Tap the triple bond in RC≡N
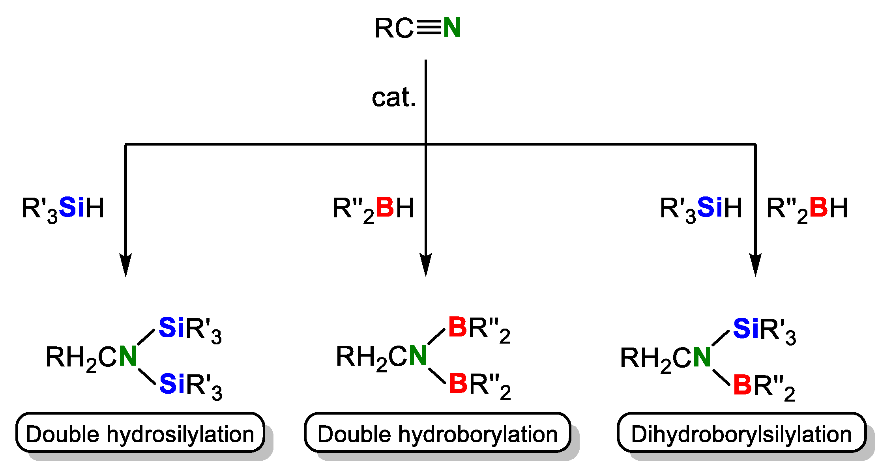(428, 28)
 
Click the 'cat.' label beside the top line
(394, 97)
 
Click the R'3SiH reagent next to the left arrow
(63, 208)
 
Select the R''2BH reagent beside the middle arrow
(373, 208)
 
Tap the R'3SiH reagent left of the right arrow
(701, 208)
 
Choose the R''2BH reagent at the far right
(807, 208)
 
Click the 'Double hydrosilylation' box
(140, 433)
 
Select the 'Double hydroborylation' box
(437, 433)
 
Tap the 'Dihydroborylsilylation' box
(741, 433)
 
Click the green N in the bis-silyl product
(127, 356)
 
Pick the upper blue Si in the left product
(171, 328)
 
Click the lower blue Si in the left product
(172, 384)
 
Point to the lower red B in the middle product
(459, 383)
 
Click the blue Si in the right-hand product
(745, 329)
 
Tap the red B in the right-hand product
(742, 385)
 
